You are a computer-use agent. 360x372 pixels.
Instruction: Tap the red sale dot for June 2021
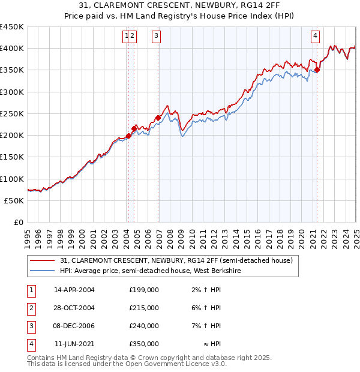pos(317,70)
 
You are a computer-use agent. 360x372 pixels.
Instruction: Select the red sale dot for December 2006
pos(158,118)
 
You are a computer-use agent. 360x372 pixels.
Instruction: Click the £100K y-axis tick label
pos(13,179)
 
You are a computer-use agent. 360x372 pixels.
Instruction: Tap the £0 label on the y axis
pos(18,223)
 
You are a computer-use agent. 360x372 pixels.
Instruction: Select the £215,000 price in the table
pos(144,308)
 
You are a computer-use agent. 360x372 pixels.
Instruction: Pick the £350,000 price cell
pos(144,344)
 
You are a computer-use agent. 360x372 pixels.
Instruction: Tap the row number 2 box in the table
pos(31,308)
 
